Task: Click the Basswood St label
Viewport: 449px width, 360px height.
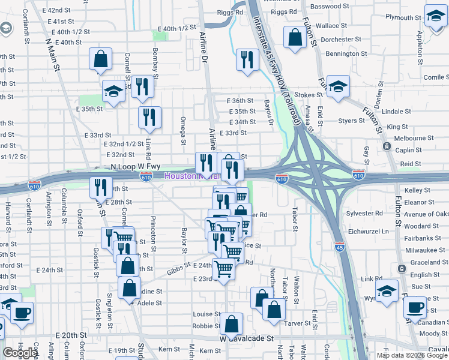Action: [330, 6]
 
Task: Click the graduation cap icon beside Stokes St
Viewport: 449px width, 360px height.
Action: [338, 86]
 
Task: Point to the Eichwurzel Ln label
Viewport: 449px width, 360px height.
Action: [367, 231]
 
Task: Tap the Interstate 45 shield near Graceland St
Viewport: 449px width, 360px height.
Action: [340, 246]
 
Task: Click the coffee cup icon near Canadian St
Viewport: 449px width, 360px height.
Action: [415, 308]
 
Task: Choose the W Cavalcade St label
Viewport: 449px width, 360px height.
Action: [246, 338]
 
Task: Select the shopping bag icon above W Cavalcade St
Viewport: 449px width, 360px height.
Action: [231, 324]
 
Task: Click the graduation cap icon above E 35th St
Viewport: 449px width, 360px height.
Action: [113, 91]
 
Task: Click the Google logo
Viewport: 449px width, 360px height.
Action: [20, 353]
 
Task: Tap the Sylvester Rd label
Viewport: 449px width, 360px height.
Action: [365, 213]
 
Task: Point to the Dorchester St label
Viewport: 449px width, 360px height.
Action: [340, 40]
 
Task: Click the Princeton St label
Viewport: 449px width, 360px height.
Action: [154, 234]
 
